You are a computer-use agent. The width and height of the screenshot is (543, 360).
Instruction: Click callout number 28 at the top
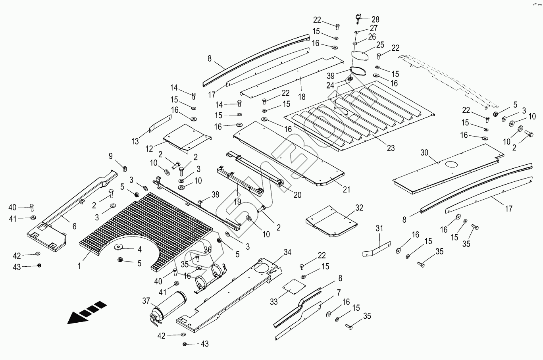pos(375,19)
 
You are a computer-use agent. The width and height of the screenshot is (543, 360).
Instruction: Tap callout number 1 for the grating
pos(79,266)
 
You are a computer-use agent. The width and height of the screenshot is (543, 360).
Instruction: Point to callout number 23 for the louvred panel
pos(391,148)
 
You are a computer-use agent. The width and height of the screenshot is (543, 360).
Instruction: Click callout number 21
pos(346,190)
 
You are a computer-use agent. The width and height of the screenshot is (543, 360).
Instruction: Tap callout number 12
pos(149,148)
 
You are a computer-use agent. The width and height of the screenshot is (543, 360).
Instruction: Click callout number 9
pos(111,156)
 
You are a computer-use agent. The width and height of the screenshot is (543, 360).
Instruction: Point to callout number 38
pos(215,194)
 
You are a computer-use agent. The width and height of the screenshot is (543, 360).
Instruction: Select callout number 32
pos(359,208)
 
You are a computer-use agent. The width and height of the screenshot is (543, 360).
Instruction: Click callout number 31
pos(379,229)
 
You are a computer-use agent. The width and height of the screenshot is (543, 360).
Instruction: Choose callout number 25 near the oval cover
pos(380,44)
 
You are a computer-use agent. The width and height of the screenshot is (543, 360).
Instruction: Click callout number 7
pos(338,293)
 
